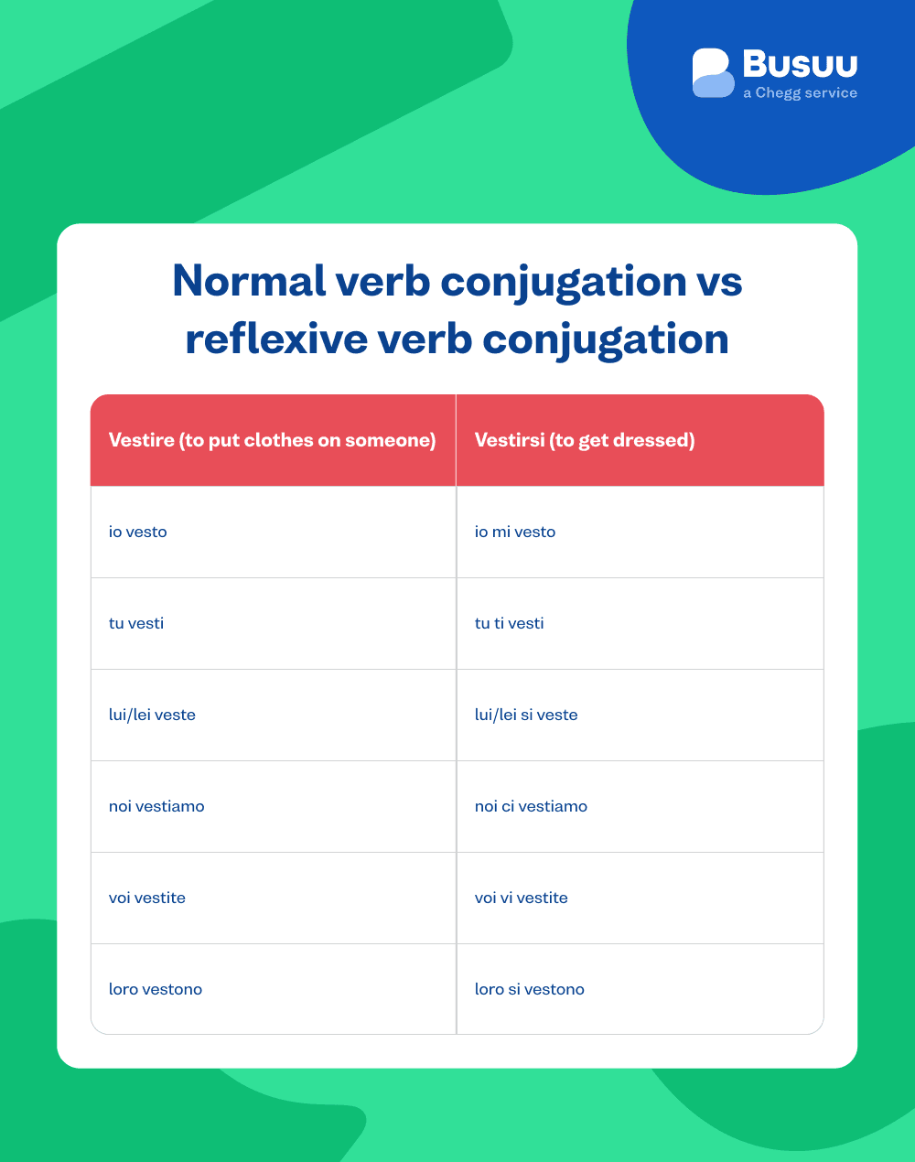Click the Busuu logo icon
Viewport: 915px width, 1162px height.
tap(713, 73)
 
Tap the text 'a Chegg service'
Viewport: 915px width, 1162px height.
tap(800, 93)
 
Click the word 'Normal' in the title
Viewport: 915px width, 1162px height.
tap(249, 281)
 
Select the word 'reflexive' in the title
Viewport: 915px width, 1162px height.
tap(276, 339)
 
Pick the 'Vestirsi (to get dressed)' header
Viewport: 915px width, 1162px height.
tap(585, 440)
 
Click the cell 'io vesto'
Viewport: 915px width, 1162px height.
tap(138, 532)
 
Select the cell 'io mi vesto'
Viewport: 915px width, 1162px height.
tap(515, 532)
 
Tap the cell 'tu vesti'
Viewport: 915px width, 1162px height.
tap(136, 623)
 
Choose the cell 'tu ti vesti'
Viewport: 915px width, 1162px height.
tap(509, 623)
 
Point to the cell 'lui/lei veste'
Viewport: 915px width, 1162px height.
tap(152, 715)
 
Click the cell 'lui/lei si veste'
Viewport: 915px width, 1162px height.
tap(526, 715)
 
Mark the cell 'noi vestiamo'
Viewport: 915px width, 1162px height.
tap(156, 806)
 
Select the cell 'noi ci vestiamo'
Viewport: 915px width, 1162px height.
tap(531, 806)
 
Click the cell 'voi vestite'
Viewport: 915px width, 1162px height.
tap(147, 898)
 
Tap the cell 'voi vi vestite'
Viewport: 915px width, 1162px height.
tap(521, 898)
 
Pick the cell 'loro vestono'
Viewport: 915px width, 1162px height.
tap(156, 989)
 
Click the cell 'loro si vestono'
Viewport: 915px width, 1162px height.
tap(529, 989)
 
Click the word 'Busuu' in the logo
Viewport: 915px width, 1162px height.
tap(800, 64)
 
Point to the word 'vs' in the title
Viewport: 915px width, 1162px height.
tap(718, 281)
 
